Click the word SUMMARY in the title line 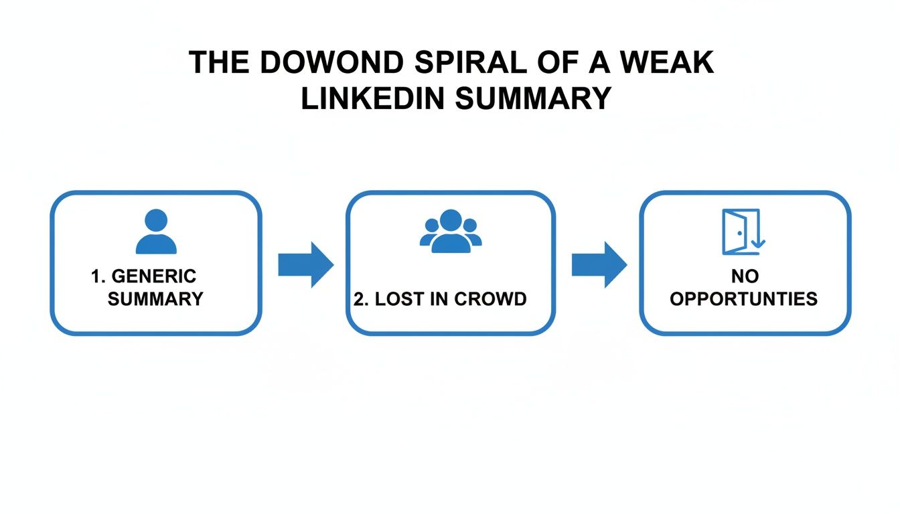tap(532, 98)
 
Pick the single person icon tap(156, 232)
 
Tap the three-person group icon tap(451, 232)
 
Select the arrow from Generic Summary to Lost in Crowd tap(305, 265)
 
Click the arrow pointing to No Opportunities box tap(599, 265)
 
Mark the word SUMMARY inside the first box tap(155, 298)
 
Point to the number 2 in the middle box tap(358, 298)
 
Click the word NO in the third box tap(744, 276)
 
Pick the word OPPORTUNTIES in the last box tap(744, 298)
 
